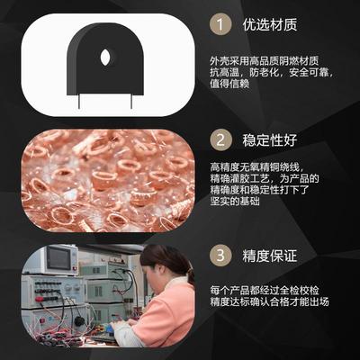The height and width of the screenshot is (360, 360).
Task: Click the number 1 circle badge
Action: coord(220,25)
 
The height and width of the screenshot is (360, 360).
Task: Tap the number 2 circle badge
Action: coord(220,140)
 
